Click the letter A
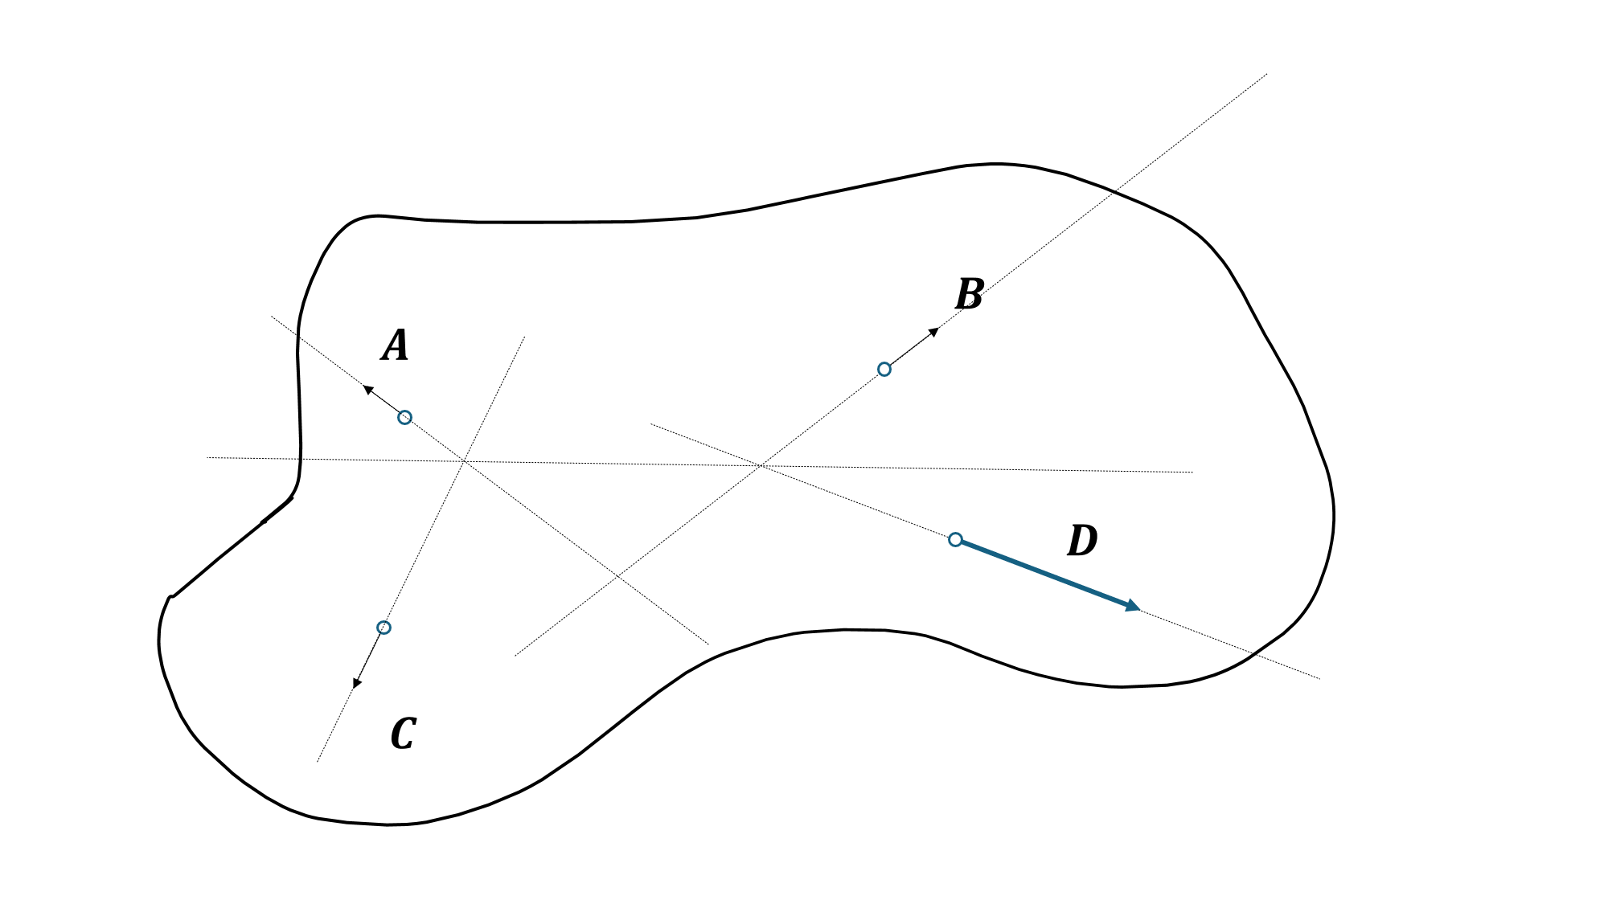pyautogui.click(x=395, y=346)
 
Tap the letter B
pyautogui.click(x=970, y=294)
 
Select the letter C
pyautogui.click(x=403, y=734)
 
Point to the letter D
pyautogui.click(x=1082, y=541)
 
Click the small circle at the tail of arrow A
pyautogui.click(x=405, y=417)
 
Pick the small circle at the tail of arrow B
pyautogui.click(x=884, y=370)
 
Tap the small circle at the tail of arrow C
pyautogui.click(x=384, y=628)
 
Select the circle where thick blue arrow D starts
pyautogui.click(x=955, y=539)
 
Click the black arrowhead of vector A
pyautogui.click(x=368, y=390)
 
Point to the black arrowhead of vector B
pyautogui.click(x=934, y=331)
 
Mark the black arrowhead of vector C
pyautogui.click(x=357, y=683)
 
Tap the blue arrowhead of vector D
pyautogui.click(x=1133, y=606)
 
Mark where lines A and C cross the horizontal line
pyautogui.click(x=464, y=460)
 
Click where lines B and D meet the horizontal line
pyautogui.click(x=761, y=465)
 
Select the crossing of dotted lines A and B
pyautogui.click(x=617, y=576)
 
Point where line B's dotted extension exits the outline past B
pyautogui.click(x=1113, y=191)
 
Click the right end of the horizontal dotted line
pyautogui.click(x=1192, y=472)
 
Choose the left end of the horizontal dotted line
pyautogui.click(x=207, y=457)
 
